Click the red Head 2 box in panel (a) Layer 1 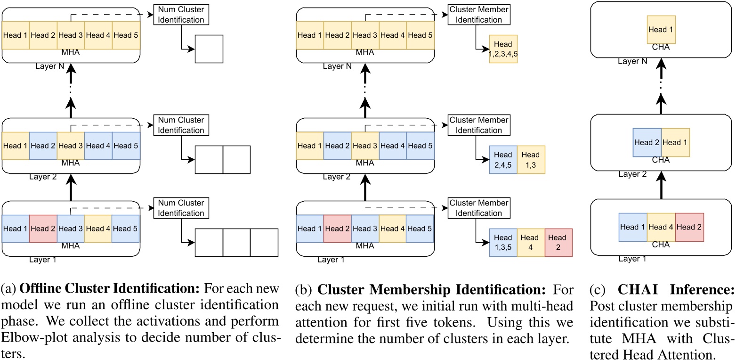click(43, 229)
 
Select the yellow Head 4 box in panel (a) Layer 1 click(98, 229)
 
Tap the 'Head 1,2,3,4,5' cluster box click(503, 49)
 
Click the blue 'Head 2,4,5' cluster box click(503, 159)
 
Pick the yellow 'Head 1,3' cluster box click(531, 159)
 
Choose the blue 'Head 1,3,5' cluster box click(503, 242)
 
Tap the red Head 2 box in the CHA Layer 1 click(689, 227)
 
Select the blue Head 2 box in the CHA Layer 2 click(647, 142)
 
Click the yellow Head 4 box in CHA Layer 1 click(661, 227)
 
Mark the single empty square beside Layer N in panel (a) click(209, 49)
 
